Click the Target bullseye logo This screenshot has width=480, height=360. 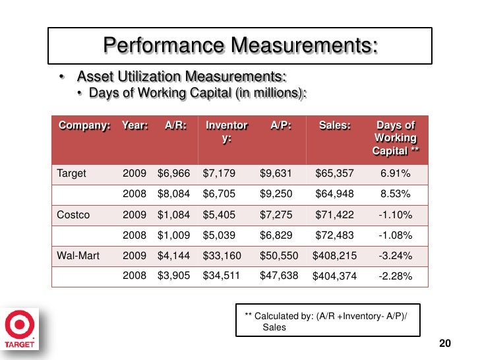20,324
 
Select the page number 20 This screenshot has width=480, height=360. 445,344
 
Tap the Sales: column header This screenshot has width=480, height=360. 335,125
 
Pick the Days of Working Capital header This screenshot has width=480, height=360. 396,138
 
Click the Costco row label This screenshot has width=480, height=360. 73,215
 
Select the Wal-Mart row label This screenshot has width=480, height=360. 78,256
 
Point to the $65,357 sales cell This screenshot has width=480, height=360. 334,173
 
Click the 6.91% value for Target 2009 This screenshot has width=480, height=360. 395,173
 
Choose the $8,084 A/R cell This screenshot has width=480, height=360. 173,194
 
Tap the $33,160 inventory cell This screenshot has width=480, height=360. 222,256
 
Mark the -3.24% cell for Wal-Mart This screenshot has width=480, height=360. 395,256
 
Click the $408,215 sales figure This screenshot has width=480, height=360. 334,256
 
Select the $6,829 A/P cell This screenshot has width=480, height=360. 276,235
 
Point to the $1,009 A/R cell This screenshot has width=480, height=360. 173,235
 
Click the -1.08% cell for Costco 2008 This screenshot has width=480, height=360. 395,235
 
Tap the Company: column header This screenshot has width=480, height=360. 84,125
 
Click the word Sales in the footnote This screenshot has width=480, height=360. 274,327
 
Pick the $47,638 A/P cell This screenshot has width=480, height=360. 279,276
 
